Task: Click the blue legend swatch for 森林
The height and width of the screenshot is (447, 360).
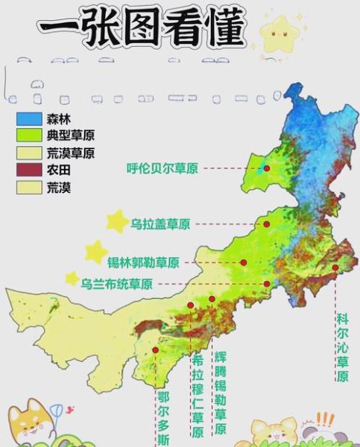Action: (x=29, y=120)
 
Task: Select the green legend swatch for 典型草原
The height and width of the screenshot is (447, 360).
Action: (x=29, y=137)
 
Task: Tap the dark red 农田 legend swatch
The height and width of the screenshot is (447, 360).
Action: (x=29, y=170)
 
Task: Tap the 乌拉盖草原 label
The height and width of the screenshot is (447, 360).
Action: (x=160, y=223)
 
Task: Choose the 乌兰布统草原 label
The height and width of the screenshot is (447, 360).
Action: (x=117, y=284)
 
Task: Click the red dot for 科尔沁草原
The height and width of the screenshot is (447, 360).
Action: (x=336, y=267)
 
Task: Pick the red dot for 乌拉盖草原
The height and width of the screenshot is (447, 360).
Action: (x=265, y=223)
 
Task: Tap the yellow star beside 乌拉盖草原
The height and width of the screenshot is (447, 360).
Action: (x=116, y=221)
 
